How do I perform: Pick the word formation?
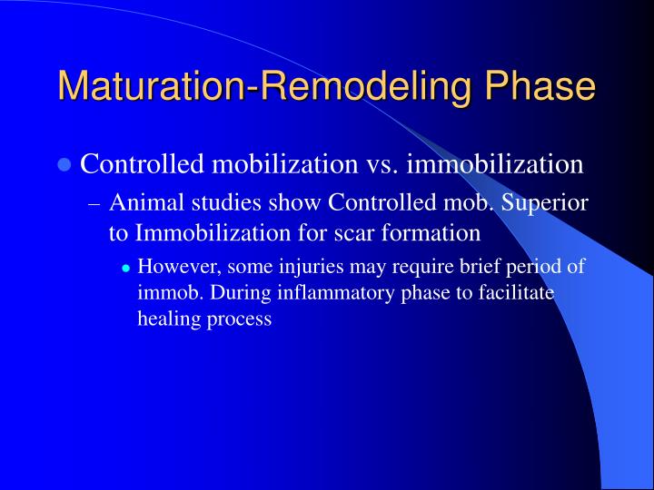tap(428, 232)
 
